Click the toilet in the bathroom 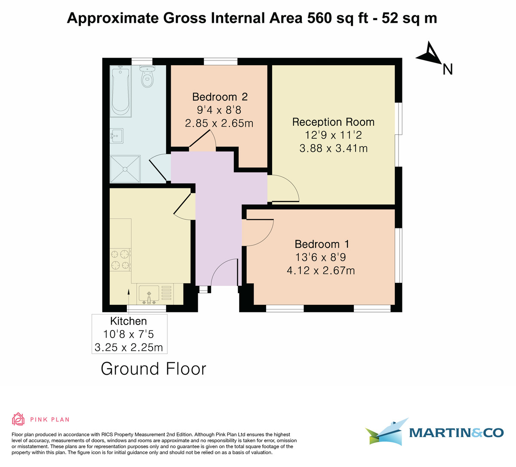coord(147,76)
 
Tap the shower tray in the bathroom coord(125,170)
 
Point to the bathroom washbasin coord(117,136)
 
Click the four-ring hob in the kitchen coord(120,260)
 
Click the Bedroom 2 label coord(220,97)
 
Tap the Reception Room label coord(333,122)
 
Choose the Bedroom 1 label coord(322,244)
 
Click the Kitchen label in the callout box coord(129,321)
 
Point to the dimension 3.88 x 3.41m coord(333,149)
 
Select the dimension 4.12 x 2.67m coord(321,270)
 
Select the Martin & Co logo coord(434,432)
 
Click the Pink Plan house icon coord(18,419)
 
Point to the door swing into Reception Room coord(283,189)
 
